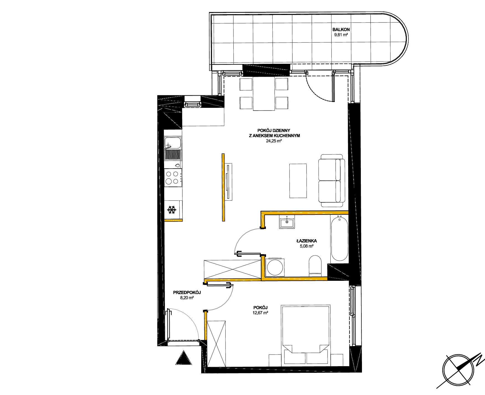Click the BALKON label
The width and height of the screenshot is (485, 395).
[x=341, y=29]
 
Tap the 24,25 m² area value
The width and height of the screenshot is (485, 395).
[x=274, y=141]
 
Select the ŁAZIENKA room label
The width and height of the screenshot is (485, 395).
[x=307, y=241]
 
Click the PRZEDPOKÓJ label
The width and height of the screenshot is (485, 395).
[x=187, y=292]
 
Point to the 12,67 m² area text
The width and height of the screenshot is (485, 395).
[x=260, y=313]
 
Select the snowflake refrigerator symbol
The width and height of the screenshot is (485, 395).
[x=172, y=210]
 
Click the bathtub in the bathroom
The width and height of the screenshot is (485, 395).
[x=339, y=239]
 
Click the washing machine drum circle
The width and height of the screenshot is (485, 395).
[x=275, y=267]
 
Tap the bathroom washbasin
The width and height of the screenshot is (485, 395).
[x=287, y=222]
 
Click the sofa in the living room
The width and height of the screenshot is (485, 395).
[x=332, y=180]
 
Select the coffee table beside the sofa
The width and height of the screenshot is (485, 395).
[x=298, y=181]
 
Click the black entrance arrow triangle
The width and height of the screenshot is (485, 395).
[x=183, y=358]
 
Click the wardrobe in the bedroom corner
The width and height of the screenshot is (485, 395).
[x=216, y=344]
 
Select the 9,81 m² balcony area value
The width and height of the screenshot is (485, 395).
[x=341, y=35]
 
